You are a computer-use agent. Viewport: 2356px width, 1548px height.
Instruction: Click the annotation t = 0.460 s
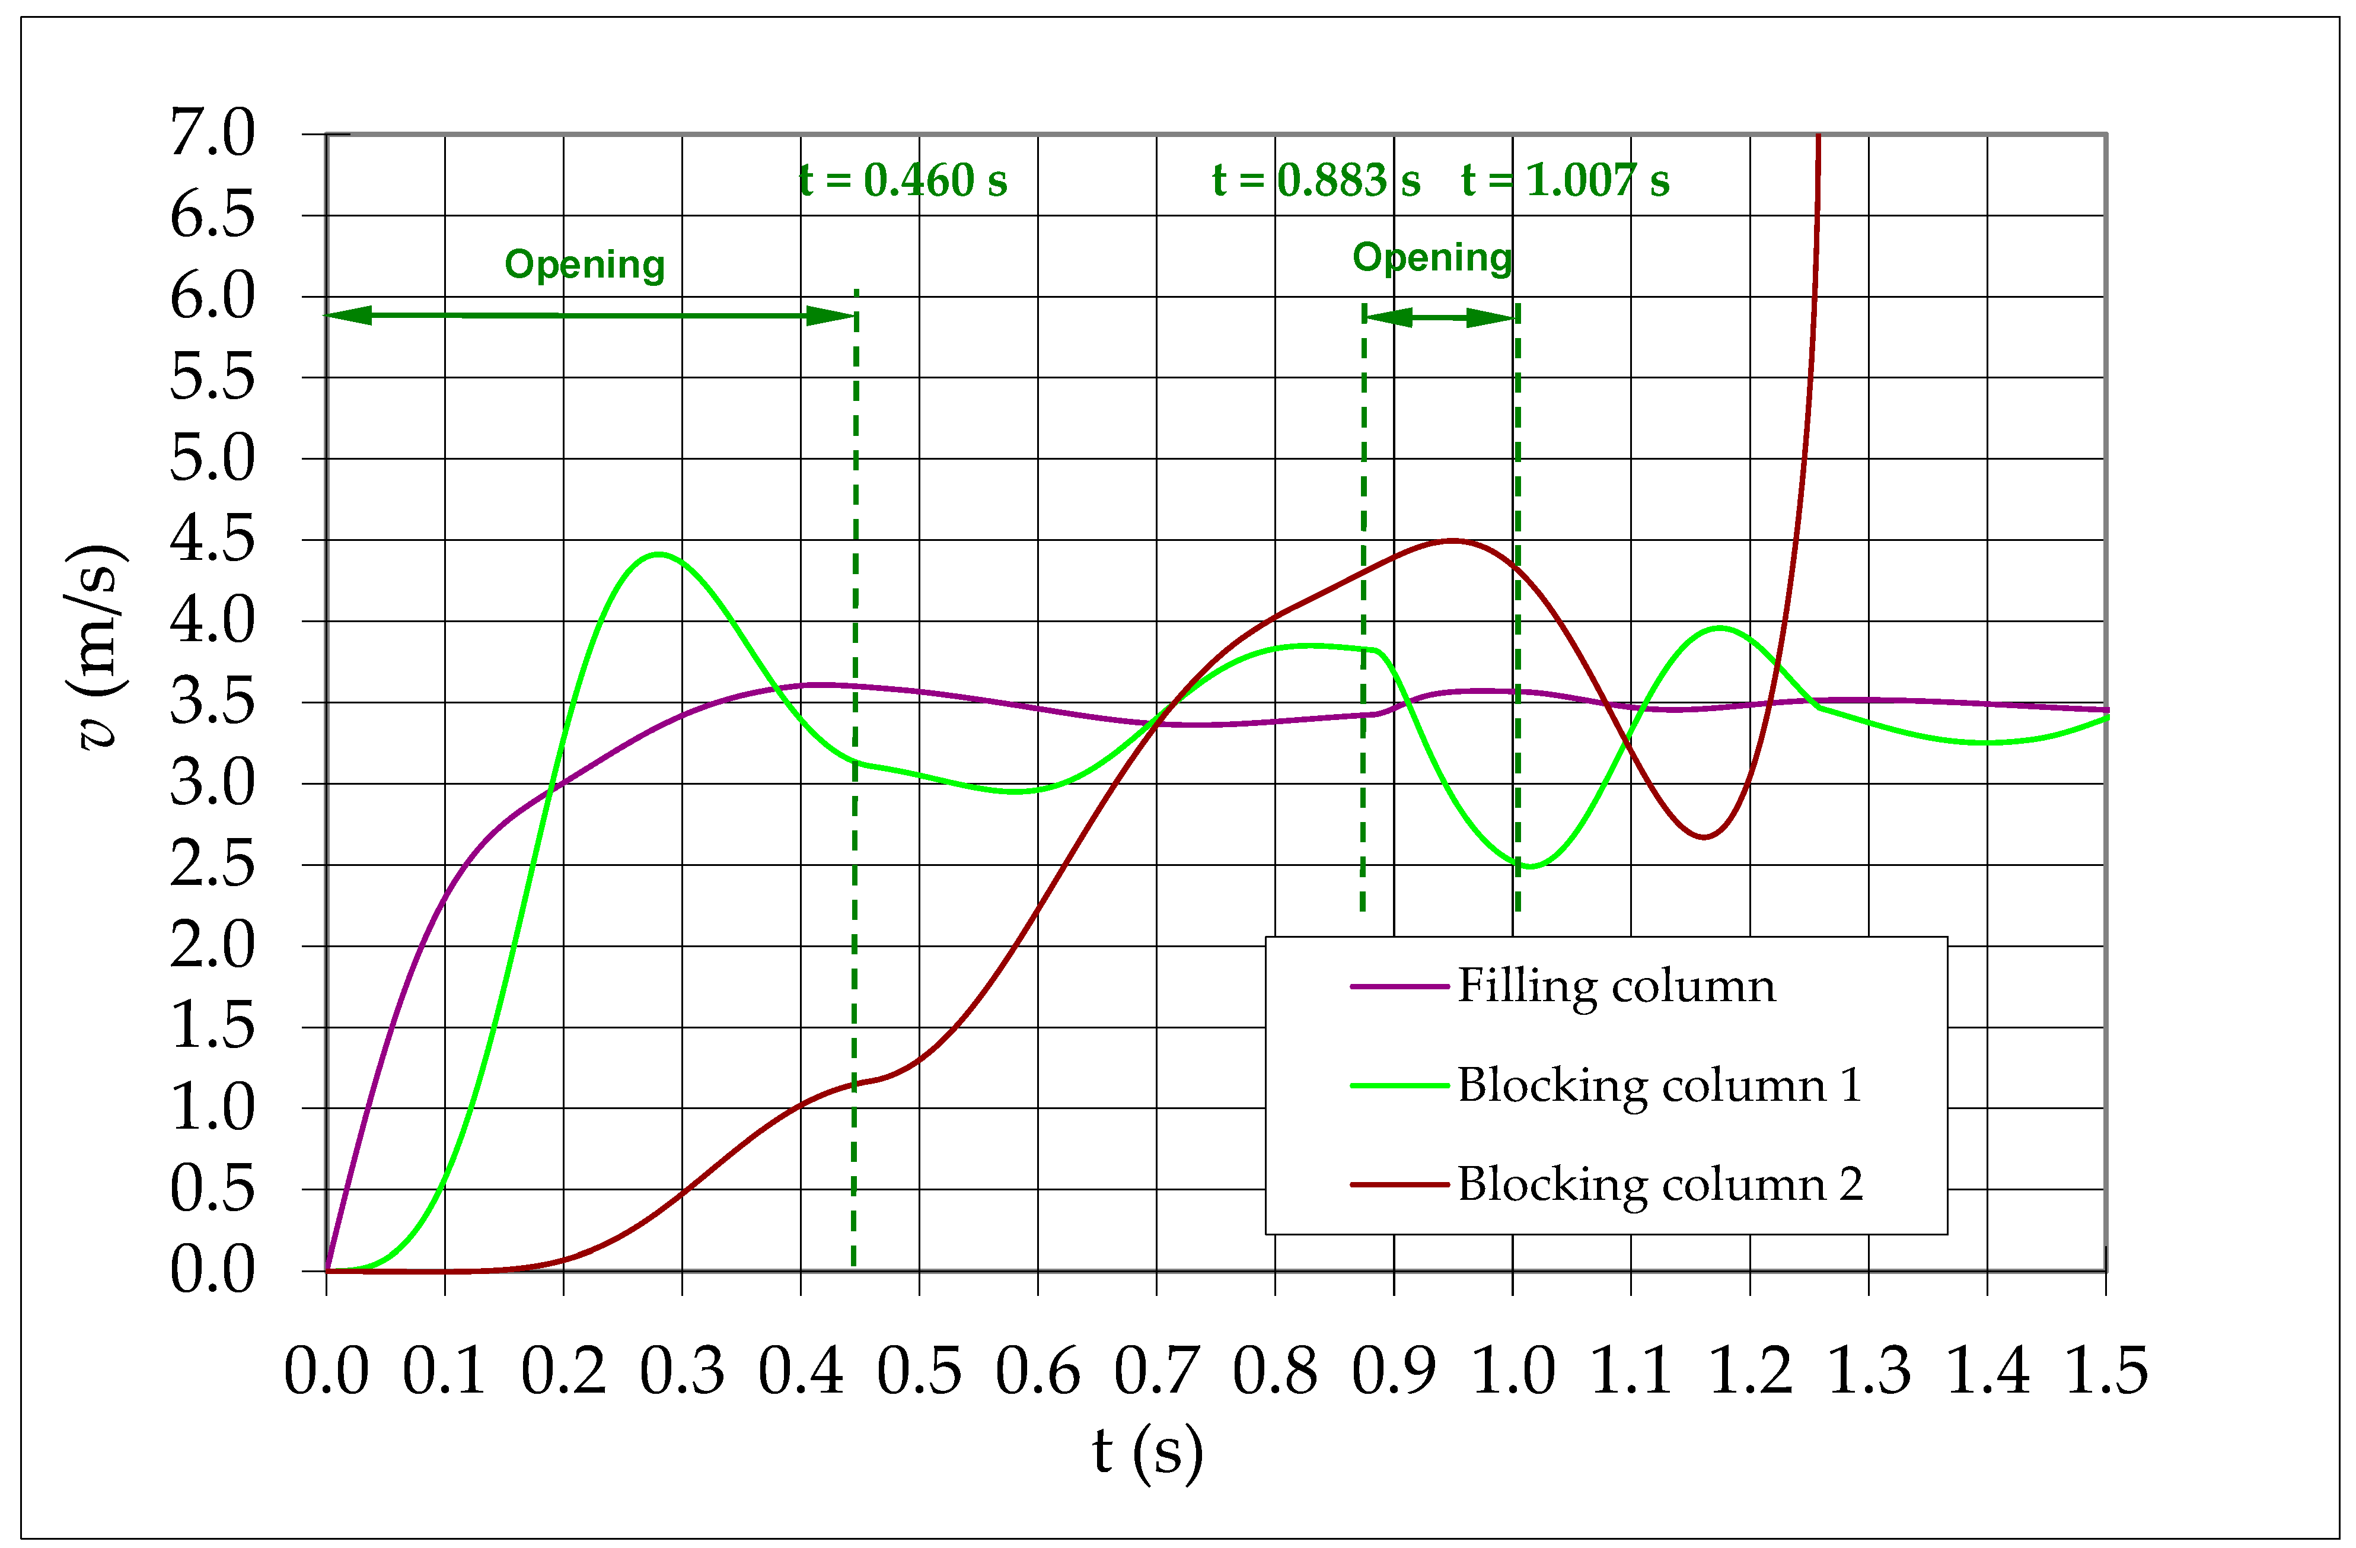point(903,181)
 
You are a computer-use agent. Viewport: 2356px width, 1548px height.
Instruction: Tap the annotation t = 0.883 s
point(1316,181)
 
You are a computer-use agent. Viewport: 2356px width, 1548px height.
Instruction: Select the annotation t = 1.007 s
point(1564,181)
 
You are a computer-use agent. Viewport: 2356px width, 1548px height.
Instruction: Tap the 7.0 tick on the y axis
point(212,133)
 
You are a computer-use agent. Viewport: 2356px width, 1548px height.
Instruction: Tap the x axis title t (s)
point(1147,1452)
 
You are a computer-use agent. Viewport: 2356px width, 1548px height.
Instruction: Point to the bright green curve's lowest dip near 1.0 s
point(1531,867)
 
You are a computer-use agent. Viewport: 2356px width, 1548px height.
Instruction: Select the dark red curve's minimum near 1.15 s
point(1704,837)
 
